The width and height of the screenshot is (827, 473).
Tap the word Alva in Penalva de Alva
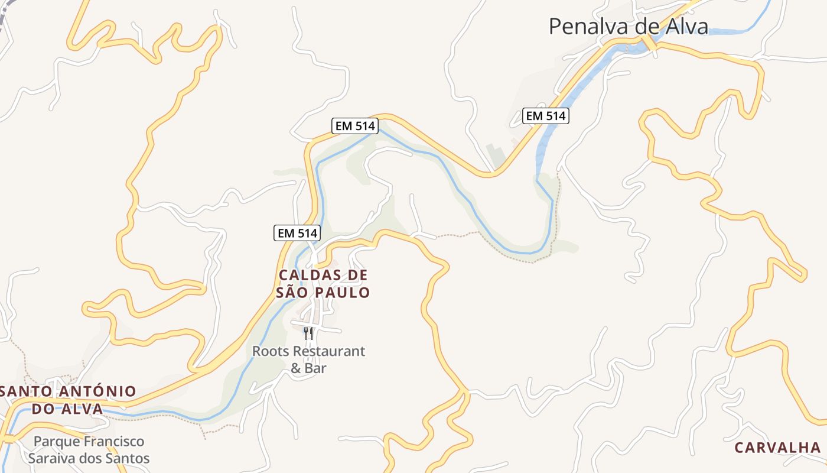(x=686, y=27)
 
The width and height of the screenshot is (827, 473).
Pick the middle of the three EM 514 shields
(x=354, y=126)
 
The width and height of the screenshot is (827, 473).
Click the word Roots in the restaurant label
(x=271, y=351)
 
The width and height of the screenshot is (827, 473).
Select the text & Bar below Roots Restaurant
(x=308, y=368)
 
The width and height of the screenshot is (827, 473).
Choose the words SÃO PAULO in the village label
(x=323, y=293)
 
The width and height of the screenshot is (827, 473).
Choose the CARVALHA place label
(x=777, y=448)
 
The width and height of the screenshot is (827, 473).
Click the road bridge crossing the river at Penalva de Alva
(x=650, y=43)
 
